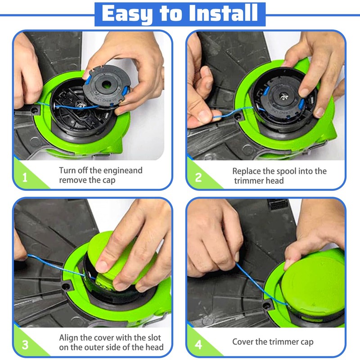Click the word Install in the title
pos(223,13)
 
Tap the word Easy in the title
pos(127,14)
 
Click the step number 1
pos(25,177)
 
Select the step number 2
pos(198,177)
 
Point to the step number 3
pos(25,344)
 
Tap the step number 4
pos(198,344)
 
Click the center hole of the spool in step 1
pos(106,85)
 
